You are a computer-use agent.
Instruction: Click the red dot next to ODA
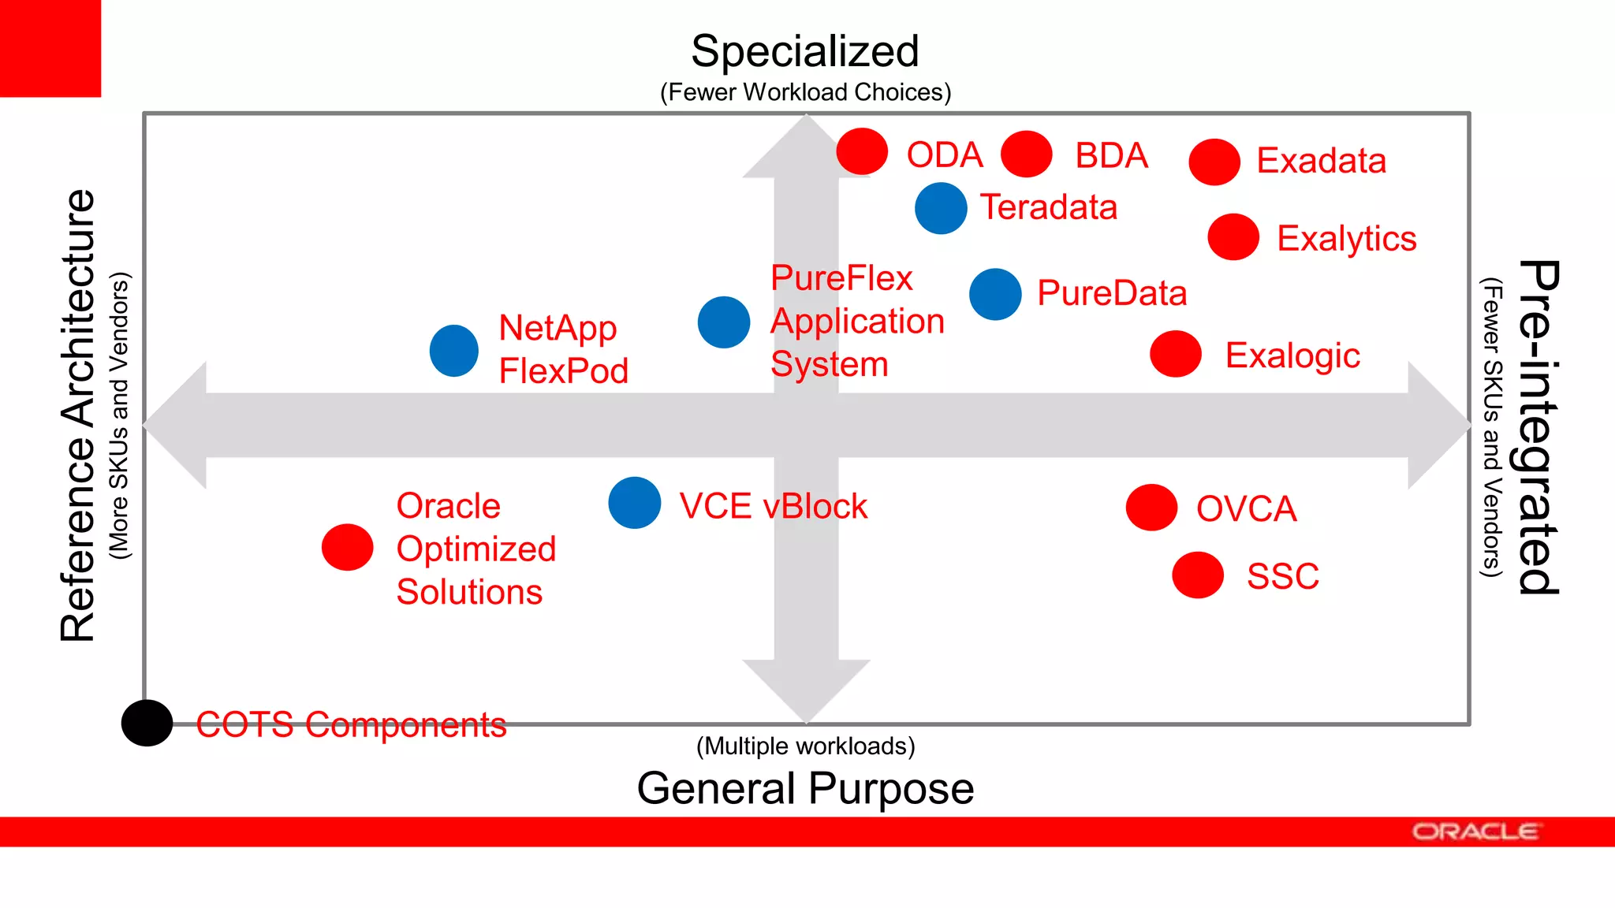click(x=862, y=151)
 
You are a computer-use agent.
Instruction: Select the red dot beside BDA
click(x=1026, y=154)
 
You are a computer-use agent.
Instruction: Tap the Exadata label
click(x=1321, y=161)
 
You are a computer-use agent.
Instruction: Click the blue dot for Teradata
click(x=941, y=208)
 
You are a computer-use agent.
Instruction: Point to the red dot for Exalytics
click(x=1233, y=236)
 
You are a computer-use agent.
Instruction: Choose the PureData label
click(x=1111, y=293)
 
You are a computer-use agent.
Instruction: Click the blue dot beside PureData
click(x=995, y=294)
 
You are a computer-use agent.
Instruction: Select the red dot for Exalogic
click(x=1175, y=354)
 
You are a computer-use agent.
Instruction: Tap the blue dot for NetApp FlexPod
click(x=454, y=350)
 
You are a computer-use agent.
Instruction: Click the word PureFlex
click(x=841, y=278)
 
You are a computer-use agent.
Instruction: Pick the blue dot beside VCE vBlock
click(x=635, y=503)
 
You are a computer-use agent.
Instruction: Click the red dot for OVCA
click(x=1151, y=507)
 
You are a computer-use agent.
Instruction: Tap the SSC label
click(x=1282, y=576)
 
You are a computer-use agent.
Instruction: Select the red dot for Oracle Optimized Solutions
click(x=347, y=547)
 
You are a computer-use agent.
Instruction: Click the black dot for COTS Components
click(x=147, y=723)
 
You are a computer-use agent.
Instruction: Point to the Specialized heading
click(x=805, y=51)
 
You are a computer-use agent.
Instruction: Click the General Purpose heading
click(x=805, y=788)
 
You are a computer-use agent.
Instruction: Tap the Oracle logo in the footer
click(x=1475, y=832)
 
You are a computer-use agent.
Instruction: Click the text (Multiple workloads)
click(x=805, y=746)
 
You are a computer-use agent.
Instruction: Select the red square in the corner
click(x=50, y=48)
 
